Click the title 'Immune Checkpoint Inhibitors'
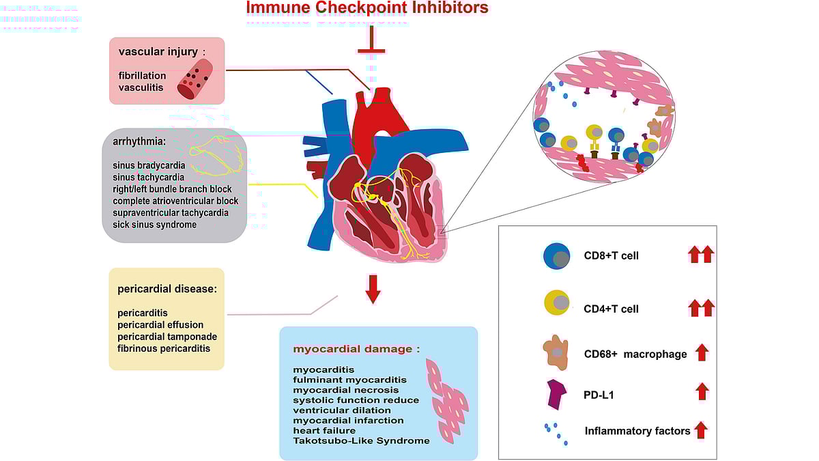pos(367,8)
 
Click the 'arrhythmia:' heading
pos(139,142)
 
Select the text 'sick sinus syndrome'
pos(155,224)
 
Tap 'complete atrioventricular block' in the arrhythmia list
pos(175,201)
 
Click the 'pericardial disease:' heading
pos(167,289)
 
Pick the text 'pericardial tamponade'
pos(167,337)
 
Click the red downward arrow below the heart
pos(373,289)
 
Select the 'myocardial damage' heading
pos(353,348)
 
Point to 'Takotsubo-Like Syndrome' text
pos(362,441)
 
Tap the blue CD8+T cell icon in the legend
pos(557,256)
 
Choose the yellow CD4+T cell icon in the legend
pos(557,302)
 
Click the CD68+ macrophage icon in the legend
pos(557,352)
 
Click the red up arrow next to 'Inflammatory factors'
pos(701,430)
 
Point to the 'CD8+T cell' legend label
pos(611,256)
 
